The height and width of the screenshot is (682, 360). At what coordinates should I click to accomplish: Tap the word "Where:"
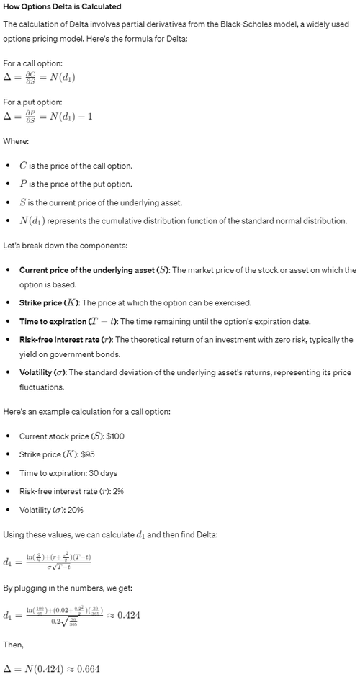point(16,142)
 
